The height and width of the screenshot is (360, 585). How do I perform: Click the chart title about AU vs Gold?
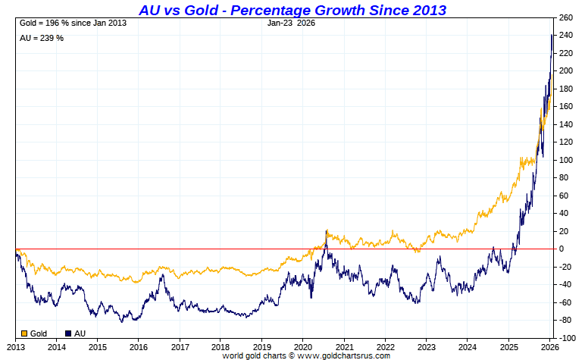tap(292, 10)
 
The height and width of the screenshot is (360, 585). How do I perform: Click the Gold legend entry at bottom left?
tap(36, 333)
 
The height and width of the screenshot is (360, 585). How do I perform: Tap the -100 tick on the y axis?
tap(568, 338)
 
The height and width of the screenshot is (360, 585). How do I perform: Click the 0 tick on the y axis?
tap(562, 249)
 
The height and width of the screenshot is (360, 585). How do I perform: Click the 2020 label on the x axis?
tap(303, 346)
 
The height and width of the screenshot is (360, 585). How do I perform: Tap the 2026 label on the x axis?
tap(550, 346)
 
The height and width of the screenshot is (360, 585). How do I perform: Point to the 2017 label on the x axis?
tap(180, 346)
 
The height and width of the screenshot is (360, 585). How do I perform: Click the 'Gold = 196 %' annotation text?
tap(71, 23)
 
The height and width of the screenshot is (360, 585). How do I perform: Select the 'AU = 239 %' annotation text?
tap(41, 38)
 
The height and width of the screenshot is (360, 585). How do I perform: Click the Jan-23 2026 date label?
tap(292, 23)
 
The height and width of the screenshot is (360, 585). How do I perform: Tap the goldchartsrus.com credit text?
tap(306, 355)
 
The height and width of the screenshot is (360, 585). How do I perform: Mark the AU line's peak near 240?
tap(552, 35)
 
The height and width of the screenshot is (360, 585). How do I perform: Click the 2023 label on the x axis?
tap(427, 346)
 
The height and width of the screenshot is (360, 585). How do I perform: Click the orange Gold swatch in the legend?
tap(23, 333)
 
